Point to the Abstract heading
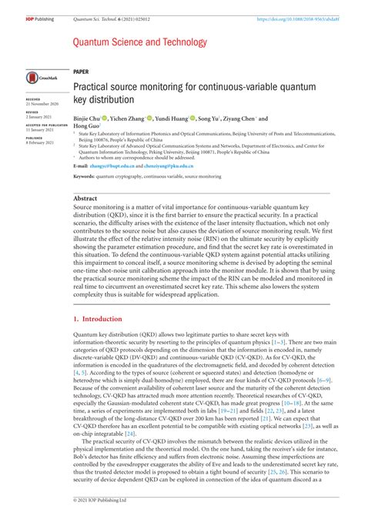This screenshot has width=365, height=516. (x=85, y=199)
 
